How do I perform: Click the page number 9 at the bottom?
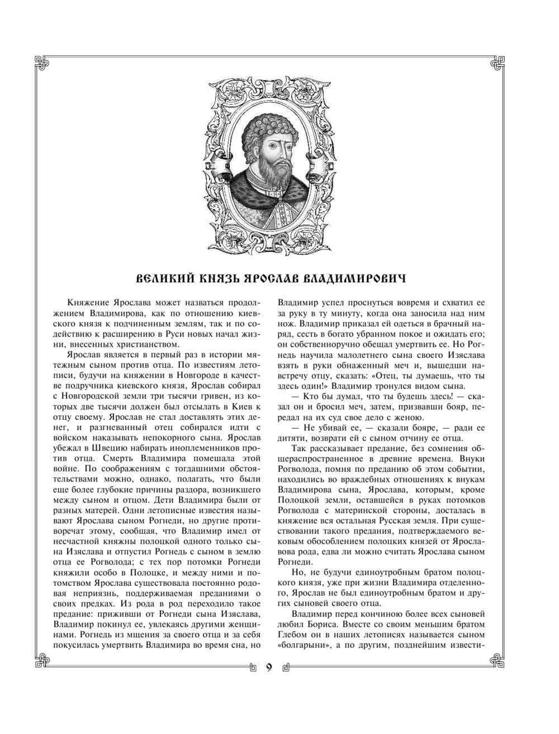[269, 666]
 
